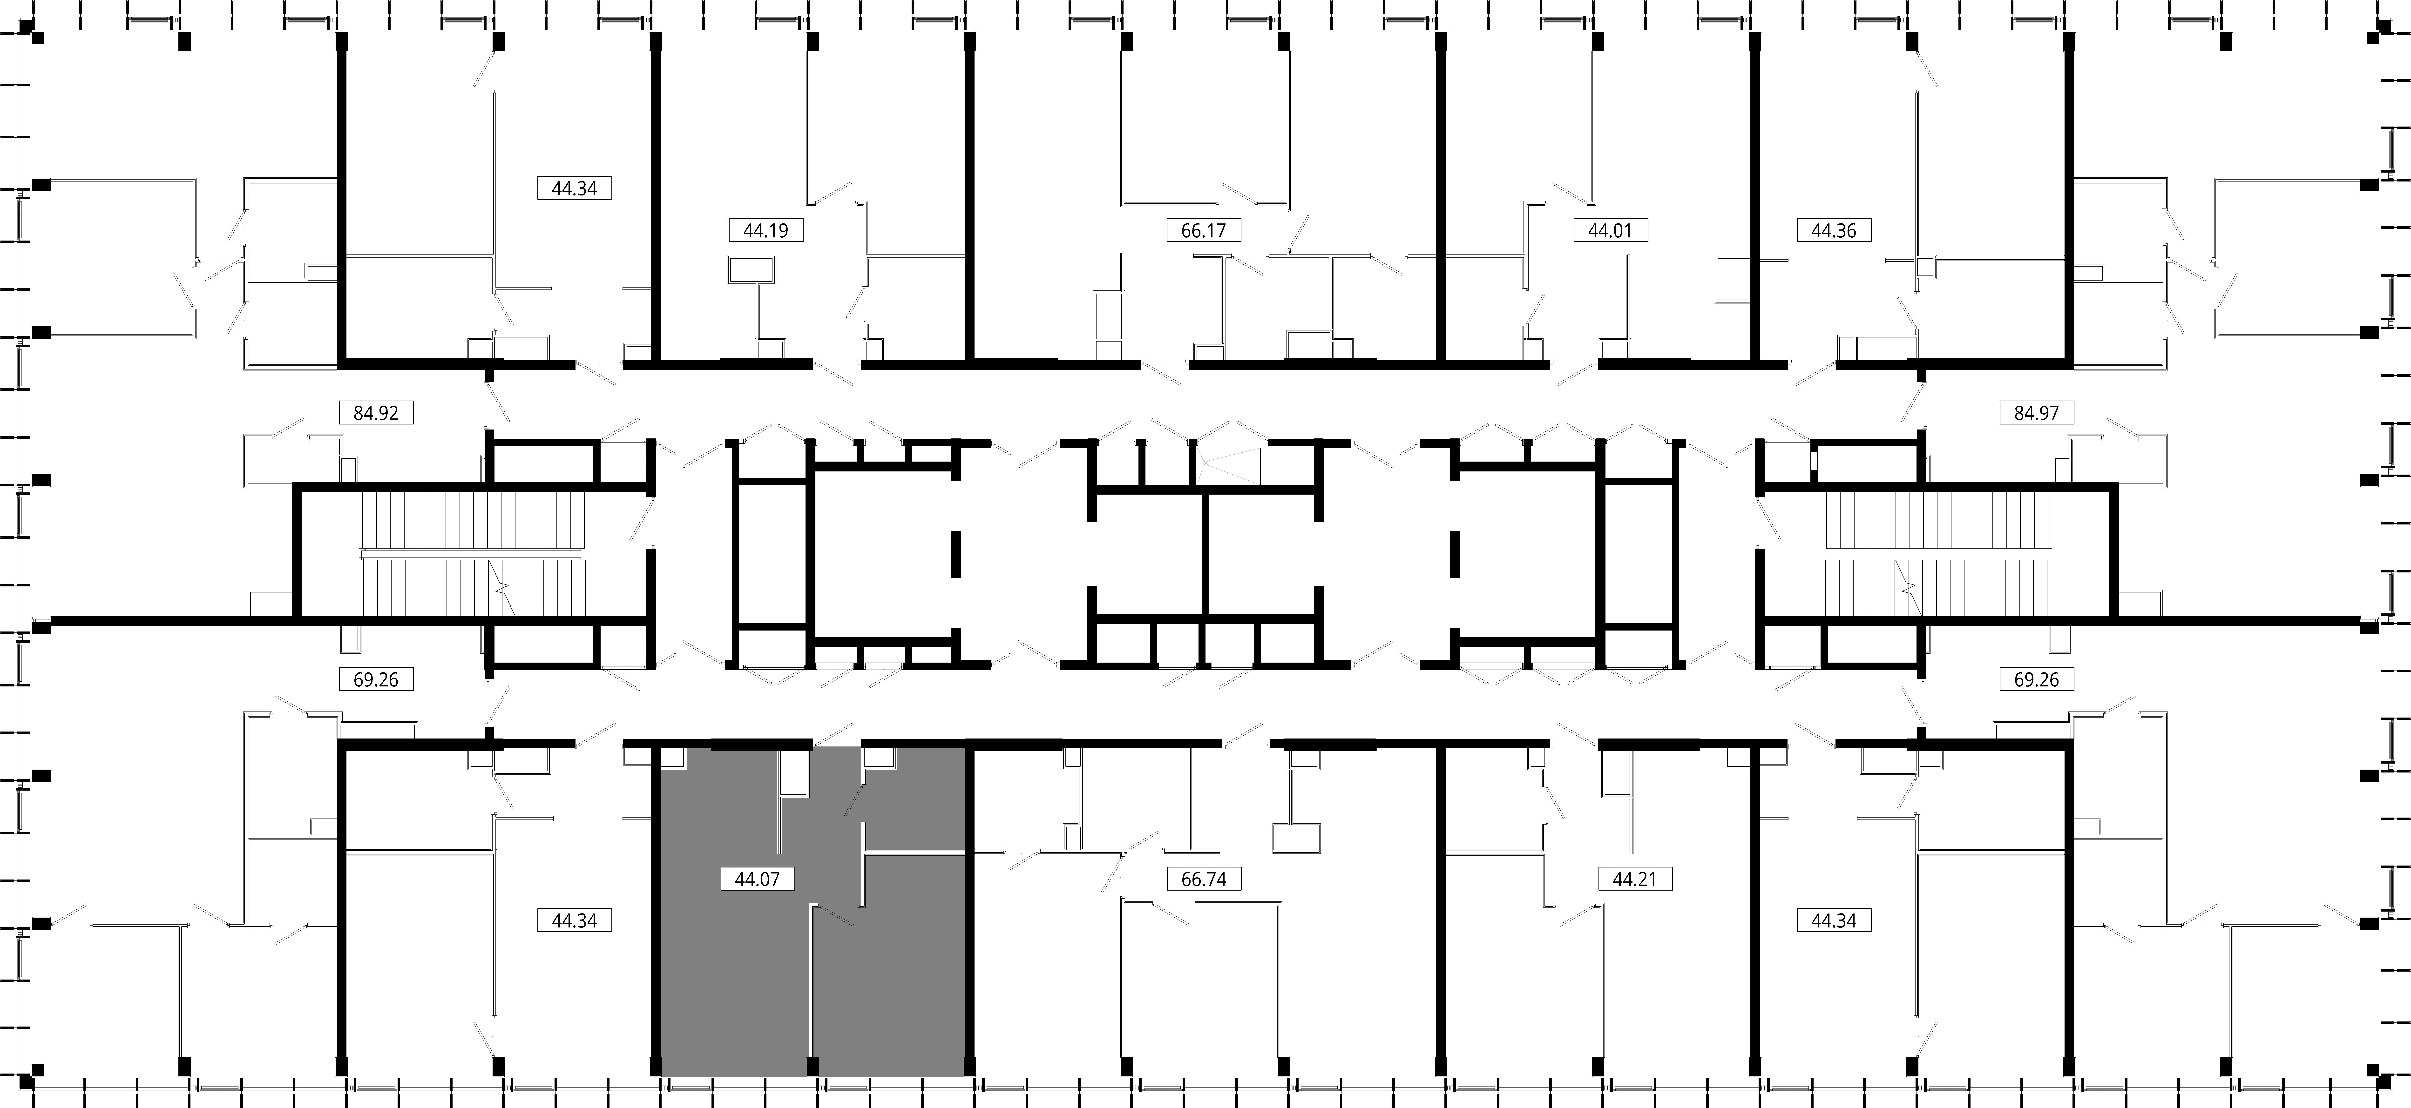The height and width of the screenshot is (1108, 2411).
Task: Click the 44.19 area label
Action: tap(765, 230)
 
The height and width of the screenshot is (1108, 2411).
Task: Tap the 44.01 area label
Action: tap(1610, 230)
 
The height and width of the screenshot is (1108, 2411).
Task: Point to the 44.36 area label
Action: tap(1834, 230)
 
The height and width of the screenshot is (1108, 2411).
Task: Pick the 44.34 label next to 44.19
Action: tap(574, 188)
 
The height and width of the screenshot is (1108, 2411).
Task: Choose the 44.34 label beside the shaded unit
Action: tap(574, 921)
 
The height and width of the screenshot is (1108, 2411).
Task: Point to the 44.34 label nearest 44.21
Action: tap(1834, 921)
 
